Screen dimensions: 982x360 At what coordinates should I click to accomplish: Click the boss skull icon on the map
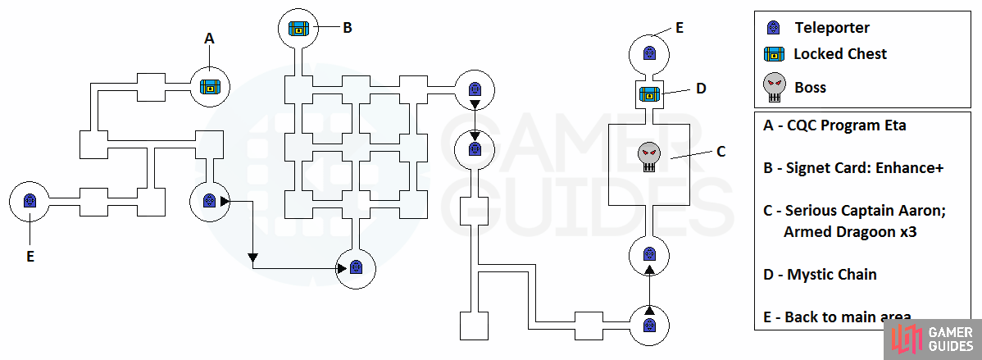(x=649, y=157)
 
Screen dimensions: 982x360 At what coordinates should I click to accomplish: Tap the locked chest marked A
(x=211, y=86)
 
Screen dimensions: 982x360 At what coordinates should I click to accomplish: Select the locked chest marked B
(x=298, y=28)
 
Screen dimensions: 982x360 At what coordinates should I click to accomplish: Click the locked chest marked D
(x=649, y=94)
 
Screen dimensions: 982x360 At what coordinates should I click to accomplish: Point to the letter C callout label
(x=721, y=152)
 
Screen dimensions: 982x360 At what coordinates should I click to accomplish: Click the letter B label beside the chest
(x=347, y=28)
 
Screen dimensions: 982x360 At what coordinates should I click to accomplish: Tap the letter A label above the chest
(x=210, y=39)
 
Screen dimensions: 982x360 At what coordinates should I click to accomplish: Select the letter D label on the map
(x=701, y=89)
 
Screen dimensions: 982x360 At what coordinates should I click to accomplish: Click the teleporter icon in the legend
(x=774, y=28)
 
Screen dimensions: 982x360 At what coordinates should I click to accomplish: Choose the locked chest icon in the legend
(x=774, y=55)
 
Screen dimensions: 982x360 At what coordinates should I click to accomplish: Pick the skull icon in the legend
(x=775, y=88)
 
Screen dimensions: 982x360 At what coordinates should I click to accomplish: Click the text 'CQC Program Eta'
(x=845, y=125)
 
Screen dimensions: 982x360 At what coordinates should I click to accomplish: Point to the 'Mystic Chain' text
(x=832, y=274)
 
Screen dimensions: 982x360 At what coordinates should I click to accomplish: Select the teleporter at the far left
(x=29, y=201)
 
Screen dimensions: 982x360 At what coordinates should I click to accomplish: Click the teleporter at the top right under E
(x=649, y=53)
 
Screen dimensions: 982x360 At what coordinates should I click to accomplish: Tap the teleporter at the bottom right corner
(x=649, y=326)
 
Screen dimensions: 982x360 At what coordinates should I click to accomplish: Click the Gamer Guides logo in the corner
(x=933, y=339)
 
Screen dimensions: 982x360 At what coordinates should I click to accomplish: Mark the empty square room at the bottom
(x=474, y=326)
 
